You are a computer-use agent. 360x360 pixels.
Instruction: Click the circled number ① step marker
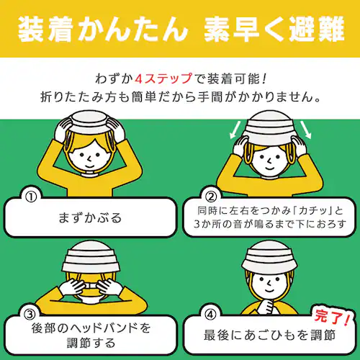tap(30, 195)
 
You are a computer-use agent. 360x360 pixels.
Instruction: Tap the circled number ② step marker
tap(210, 195)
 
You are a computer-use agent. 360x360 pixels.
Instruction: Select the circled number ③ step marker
tap(30, 314)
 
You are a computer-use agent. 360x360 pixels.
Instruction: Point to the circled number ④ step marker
tap(210, 314)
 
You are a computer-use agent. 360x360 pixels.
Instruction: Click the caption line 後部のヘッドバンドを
tap(91, 328)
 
